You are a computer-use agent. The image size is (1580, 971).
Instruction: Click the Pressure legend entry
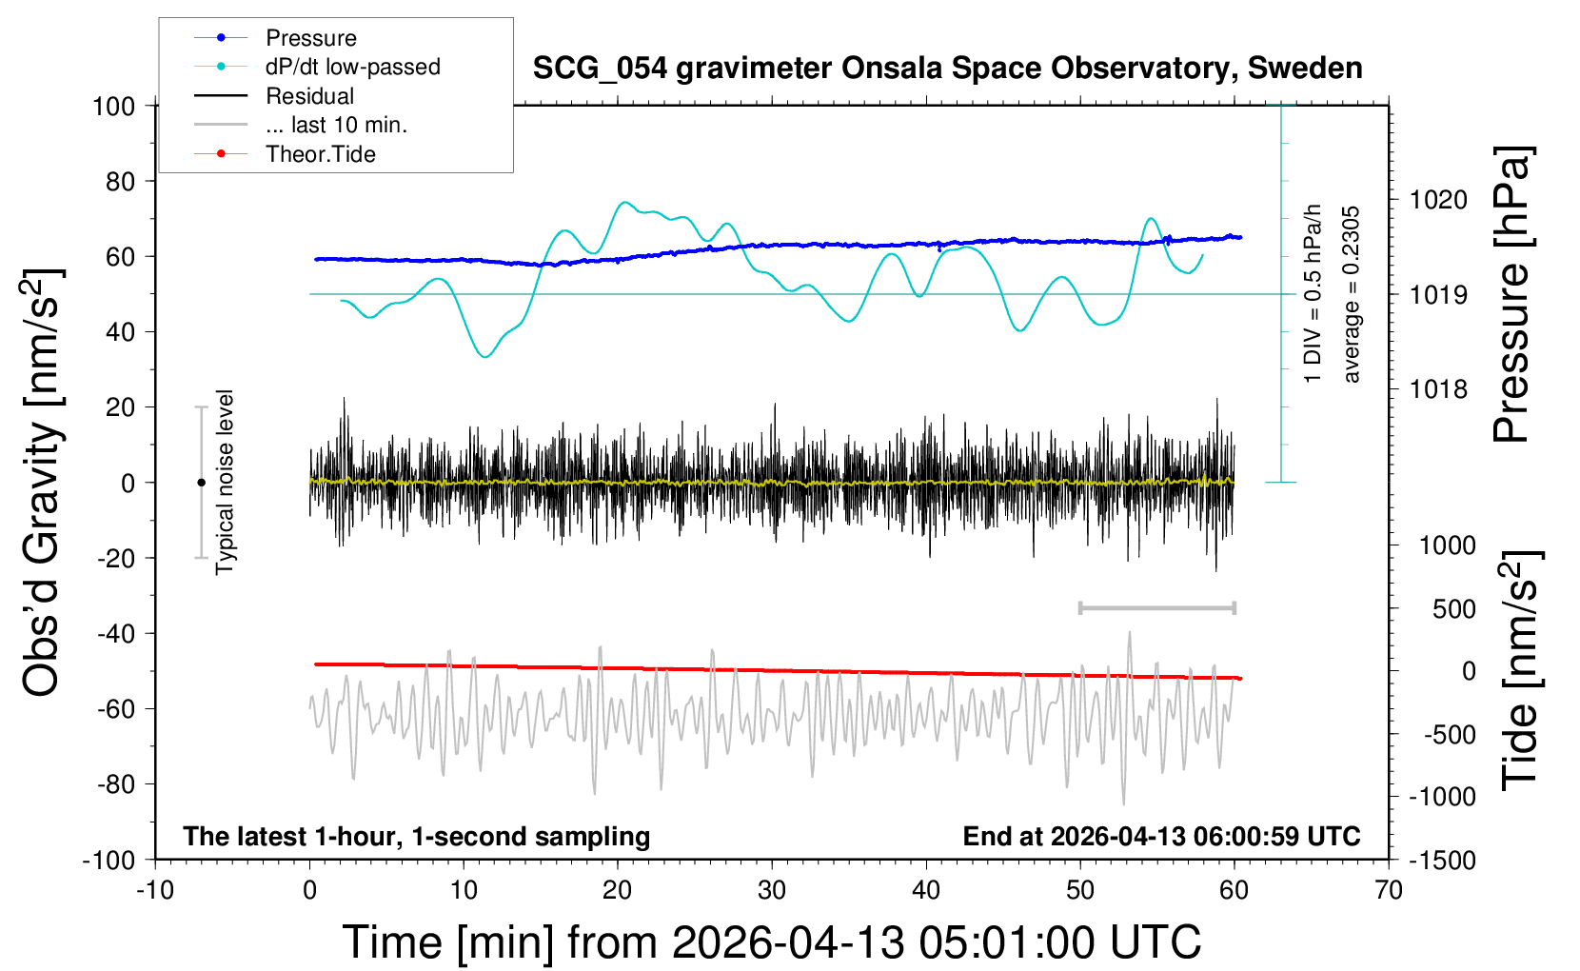pyautogui.click(x=310, y=38)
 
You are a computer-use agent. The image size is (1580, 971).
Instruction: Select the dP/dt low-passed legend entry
pyautogui.click(x=352, y=67)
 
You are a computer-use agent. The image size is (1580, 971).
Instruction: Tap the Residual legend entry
pyautogui.click(x=309, y=96)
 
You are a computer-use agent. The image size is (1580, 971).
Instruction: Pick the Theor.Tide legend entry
pyautogui.click(x=320, y=154)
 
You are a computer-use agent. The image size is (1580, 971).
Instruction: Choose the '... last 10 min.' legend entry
pyautogui.click(x=336, y=125)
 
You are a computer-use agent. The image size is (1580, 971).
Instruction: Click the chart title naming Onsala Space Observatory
pyautogui.click(x=947, y=69)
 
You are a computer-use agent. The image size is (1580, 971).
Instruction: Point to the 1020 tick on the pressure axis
pyautogui.click(x=1438, y=200)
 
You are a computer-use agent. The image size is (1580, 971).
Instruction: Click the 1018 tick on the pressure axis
pyautogui.click(x=1438, y=388)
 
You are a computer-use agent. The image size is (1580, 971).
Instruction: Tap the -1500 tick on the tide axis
pyautogui.click(x=1442, y=861)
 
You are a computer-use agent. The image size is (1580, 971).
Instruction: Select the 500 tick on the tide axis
pyautogui.click(x=1453, y=608)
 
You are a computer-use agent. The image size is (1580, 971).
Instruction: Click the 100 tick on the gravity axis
pyautogui.click(x=113, y=106)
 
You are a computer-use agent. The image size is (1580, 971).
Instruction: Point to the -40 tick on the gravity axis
pyautogui.click(x=115, y=633)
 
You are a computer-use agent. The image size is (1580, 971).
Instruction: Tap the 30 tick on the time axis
pyautogui.click(x=772, y=891)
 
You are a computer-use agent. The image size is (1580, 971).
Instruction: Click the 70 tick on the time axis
pyautogui.click(x=1389, y=891)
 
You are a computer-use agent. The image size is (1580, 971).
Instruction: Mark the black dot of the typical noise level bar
pyautogui.click(x=201, y=483)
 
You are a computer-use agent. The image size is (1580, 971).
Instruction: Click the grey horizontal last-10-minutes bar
pyautogui.click(x=1156, y=607)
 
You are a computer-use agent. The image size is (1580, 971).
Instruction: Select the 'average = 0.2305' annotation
pyautogui.click(x=1352, y=295)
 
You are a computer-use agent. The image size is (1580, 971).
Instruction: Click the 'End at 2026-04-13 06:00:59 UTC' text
pyautogui.click(x=1161, y=837)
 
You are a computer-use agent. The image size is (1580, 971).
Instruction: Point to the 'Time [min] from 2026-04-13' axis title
pyautogui.click(x=772, y=942)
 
